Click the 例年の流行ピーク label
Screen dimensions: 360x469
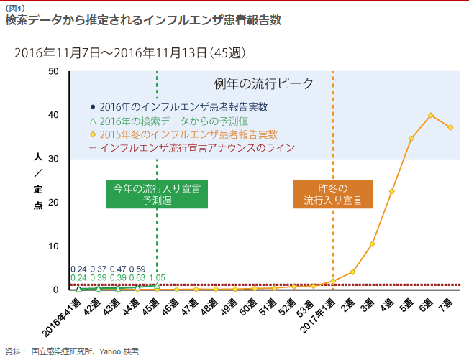point(264,84)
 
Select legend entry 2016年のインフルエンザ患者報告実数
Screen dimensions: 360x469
point(183,107)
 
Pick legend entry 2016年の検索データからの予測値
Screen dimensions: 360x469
point(173,121)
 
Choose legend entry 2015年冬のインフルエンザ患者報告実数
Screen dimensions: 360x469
point(188,134)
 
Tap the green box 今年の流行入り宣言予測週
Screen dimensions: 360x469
point(157,194)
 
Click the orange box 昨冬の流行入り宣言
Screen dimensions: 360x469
point(332,194)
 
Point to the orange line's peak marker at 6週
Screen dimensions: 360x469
point(431,115)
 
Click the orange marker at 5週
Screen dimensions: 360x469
point(411,138)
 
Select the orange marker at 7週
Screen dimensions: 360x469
point(450,127)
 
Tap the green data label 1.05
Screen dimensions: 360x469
point(157,277)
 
